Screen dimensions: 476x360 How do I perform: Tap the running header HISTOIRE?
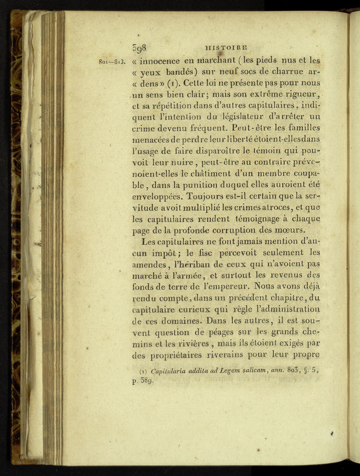tap(226, 48)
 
